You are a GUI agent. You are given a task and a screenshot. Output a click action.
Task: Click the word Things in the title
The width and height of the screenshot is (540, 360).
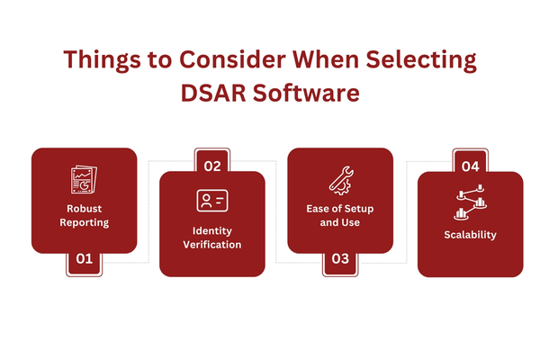click(x=103, y=60)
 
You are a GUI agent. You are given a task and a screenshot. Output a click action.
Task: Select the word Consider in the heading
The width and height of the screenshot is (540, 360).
click(x=232, y=59)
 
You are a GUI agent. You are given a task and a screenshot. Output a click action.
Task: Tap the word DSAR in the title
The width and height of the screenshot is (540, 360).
click(x=213, y=93)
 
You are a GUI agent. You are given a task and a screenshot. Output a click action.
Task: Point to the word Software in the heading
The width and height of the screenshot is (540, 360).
click(x=307, y=93)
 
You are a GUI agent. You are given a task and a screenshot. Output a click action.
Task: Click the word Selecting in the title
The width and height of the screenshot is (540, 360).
click(x=421, y=60)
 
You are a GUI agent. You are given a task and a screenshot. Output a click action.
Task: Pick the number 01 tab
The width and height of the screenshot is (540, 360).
click(x=85, y=259)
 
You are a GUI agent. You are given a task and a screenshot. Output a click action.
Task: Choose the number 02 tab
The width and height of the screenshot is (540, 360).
click(x=212, y=166)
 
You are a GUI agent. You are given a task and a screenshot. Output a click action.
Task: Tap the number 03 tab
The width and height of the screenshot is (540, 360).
click(x=340, y=259)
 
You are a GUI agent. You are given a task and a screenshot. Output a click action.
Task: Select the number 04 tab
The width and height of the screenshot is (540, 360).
click(x=471, y=166)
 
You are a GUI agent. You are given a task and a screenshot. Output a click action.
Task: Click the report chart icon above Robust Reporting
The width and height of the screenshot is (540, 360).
click(x=84, y=179)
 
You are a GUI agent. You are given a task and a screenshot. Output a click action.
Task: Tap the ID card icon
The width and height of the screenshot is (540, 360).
click(x=212, y=201)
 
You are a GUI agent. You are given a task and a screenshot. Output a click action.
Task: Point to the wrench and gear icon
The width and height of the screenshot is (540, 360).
click(x=340, y=181)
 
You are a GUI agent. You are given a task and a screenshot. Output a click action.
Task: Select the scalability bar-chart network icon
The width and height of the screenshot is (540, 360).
click(x=470, y=202)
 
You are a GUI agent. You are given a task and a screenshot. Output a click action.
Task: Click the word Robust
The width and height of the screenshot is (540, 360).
click(x=85, y=209)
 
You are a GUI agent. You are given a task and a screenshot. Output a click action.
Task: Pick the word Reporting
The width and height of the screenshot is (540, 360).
click(x=85, y=222)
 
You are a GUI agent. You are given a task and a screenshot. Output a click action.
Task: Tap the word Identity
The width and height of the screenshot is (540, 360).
click(x=212, y=230)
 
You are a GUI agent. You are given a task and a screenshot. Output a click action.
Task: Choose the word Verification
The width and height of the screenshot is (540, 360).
click(x=212, y=245)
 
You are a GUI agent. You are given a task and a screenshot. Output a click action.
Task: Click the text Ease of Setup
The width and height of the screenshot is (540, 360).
click(x=340, y=209)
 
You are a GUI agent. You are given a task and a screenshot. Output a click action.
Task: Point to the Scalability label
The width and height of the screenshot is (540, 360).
click(x=471, y=235)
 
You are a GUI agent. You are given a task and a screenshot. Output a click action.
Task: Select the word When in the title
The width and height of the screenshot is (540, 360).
click(x=326, y=59)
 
